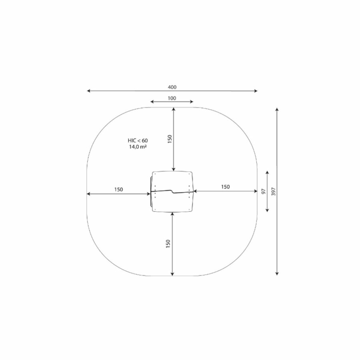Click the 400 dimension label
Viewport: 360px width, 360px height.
click(172, 87)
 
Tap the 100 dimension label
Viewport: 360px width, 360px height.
click(172, 98)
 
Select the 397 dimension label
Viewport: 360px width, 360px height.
click(273, 192)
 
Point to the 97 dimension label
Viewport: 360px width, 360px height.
click(264, 191)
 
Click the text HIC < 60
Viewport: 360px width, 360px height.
click(138, 140)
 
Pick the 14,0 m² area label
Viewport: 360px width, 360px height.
click(138, 147)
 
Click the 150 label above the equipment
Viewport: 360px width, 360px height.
click(170, 139)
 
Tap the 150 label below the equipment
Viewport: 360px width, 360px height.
click(168, 244)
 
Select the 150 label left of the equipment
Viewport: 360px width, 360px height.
click(118, 190)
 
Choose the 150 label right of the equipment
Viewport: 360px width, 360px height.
click(226, 187)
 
